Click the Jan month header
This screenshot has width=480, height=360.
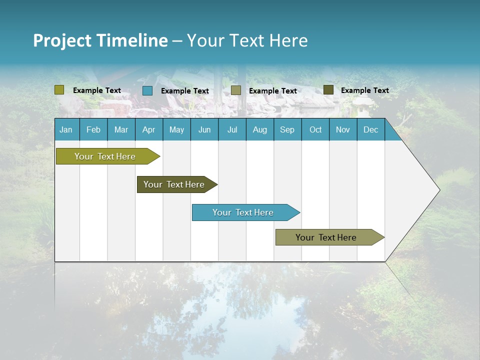point(66,130)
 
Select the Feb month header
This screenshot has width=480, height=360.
point(93,130)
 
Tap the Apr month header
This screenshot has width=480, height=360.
point(148,130)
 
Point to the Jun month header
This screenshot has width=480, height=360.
point(204,130)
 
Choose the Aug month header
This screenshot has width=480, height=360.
point(259,130)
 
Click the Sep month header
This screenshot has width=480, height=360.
point(287,130)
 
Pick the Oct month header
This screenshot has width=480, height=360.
point(315,130)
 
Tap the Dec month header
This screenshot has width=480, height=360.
point(370,130)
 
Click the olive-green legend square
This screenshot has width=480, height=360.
point(59,90)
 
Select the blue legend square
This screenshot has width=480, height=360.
point(147,90)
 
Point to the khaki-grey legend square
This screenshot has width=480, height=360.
point(236,90)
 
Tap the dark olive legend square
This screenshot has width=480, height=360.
point(328,90)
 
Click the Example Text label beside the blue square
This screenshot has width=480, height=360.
point(184,91)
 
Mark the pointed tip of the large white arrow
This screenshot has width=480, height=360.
point(439,190)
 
